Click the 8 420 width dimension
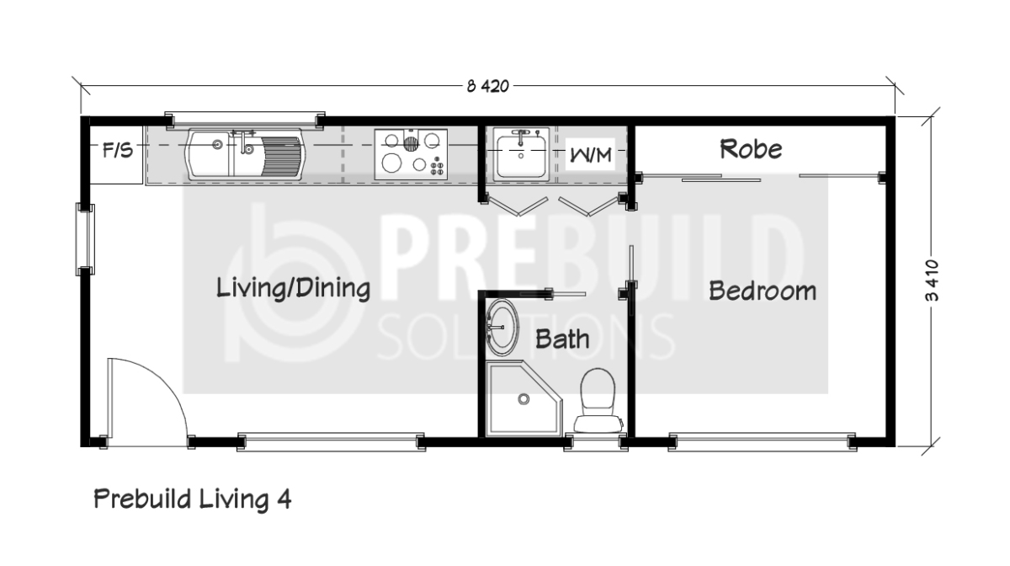488,86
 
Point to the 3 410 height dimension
932,280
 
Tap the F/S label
118,150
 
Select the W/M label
591,155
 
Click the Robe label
751,149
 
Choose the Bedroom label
763,291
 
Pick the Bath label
562,339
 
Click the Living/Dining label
294,288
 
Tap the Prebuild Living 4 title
193,499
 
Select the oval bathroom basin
502,327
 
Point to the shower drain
524,399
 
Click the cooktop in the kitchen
411,154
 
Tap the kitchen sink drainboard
280,156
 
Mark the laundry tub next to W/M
521,154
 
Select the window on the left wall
85,239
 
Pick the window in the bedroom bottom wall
762,442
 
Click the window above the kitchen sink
245,120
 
